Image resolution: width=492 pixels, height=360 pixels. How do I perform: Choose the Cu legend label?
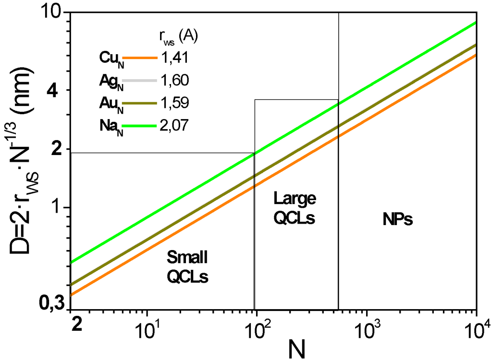click(110, 58)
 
